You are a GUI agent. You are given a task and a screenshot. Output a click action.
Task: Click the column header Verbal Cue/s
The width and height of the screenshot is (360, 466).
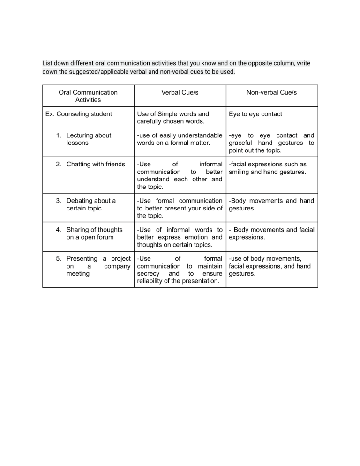pyautogui.click(x=180, y=93)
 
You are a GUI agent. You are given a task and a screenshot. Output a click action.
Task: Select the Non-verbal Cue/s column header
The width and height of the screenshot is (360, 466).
pyautogui.click(x=272, y=93)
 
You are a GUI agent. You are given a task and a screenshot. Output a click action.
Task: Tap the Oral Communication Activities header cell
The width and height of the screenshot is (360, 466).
pyautogui.click(x=88, y=96)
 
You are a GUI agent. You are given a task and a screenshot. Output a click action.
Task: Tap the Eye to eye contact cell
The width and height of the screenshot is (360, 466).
pyautogui.click(x=255, y=114)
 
